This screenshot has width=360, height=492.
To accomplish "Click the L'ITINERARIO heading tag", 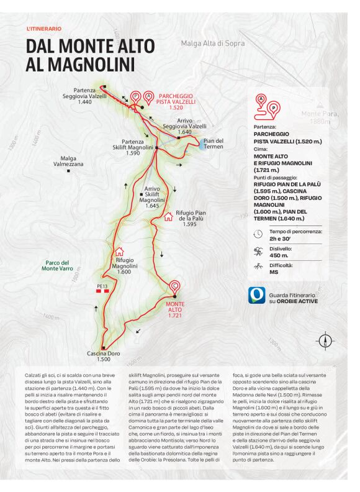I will [x=44, y=29].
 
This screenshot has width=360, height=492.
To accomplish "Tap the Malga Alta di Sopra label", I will [x=213, y=43].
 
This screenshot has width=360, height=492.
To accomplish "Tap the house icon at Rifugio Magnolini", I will [x=119, y=252].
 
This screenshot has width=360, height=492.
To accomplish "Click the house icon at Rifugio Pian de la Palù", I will [x=168, y=217].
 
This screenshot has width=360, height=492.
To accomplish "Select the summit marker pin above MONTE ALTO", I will [x=175, y=287].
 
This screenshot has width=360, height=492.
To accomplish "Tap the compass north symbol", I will [x=325, y=341].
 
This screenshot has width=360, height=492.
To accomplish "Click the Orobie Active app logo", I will [x=257, y=295].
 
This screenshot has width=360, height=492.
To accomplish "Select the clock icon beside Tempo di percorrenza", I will [x=258, y=234].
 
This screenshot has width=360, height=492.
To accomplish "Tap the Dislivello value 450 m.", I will [x=279, y=255].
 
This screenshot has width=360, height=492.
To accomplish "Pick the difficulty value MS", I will [x=274, y=272].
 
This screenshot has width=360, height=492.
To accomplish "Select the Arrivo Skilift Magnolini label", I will [x=152, y=196].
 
